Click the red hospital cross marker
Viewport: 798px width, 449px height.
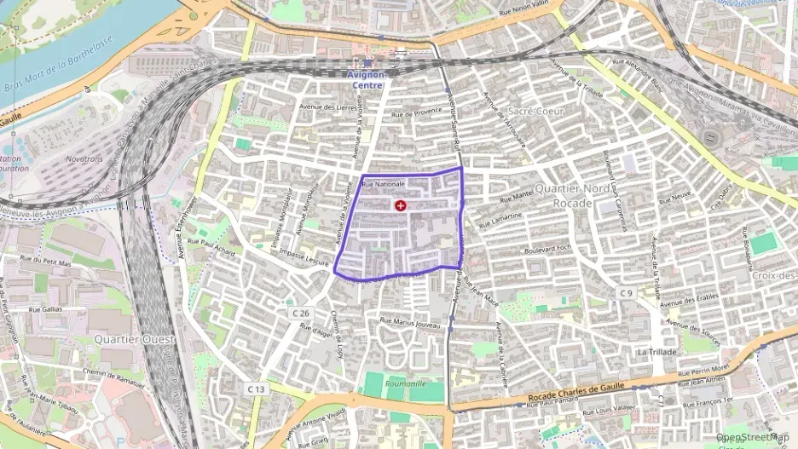click(x=401, y=205)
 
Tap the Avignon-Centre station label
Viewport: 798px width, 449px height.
click(x=367, y=79)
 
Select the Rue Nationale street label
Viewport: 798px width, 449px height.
click(x=383, y=184)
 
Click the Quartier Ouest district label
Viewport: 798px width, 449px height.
click(x=136, y=338)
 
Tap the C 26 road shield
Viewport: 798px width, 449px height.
click(x=300, y=314)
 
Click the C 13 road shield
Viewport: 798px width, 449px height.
click(x=257, y=389)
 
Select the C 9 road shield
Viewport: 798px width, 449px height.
click(x=627, y=294)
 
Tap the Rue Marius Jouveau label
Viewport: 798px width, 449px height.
click(x=410, y=322)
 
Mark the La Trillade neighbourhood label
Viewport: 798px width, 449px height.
click(x=656, y=351)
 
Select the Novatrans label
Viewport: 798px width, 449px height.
click(x=88, y=158)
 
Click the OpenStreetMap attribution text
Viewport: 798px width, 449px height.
click(x=754, y=437)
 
